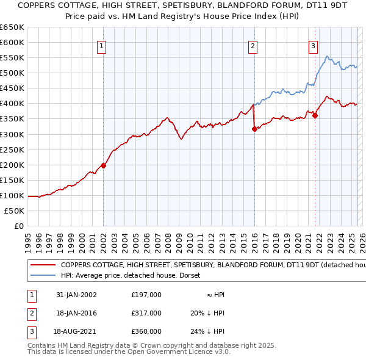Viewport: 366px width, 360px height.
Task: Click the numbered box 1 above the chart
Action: (102, 45)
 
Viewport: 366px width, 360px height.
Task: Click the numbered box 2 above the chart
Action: (253, 45)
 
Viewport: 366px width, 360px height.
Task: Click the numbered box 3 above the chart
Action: (313, 45)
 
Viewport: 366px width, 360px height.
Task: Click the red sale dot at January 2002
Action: (103, 165)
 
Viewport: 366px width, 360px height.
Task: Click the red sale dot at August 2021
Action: (315, 115)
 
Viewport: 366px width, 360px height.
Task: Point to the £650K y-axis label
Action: (12, 27)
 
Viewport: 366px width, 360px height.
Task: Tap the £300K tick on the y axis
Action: (12, 134)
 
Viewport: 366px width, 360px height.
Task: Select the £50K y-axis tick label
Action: (15, 211)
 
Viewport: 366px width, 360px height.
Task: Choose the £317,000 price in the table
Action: (146, 313)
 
